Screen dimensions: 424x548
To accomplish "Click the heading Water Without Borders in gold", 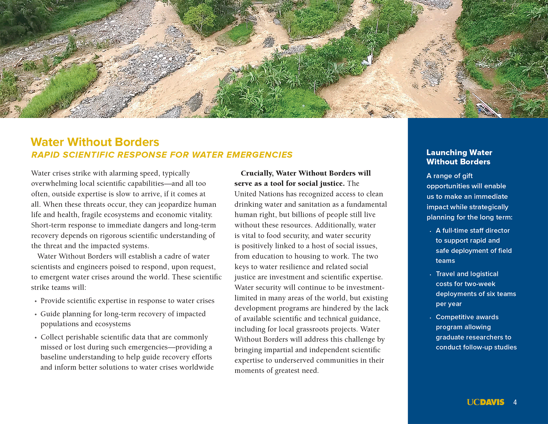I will (x=95, y=142).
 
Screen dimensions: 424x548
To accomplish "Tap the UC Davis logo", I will (x=485, y=402).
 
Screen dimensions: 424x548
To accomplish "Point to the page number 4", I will (x=515, y=402).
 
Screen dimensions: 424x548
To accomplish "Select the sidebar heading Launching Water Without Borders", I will (x=459, y=157).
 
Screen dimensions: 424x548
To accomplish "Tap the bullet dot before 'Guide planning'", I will (x=36, y=315).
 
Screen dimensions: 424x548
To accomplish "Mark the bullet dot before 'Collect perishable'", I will (x=36, y=338).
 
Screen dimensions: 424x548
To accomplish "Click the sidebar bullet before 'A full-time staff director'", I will (x=430, y=231).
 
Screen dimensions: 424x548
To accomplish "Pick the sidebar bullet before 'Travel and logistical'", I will (x=430, y=275).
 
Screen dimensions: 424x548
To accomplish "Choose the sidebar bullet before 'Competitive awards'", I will (x=430, y=318).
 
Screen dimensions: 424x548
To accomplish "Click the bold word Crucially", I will (x=257, y=173).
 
